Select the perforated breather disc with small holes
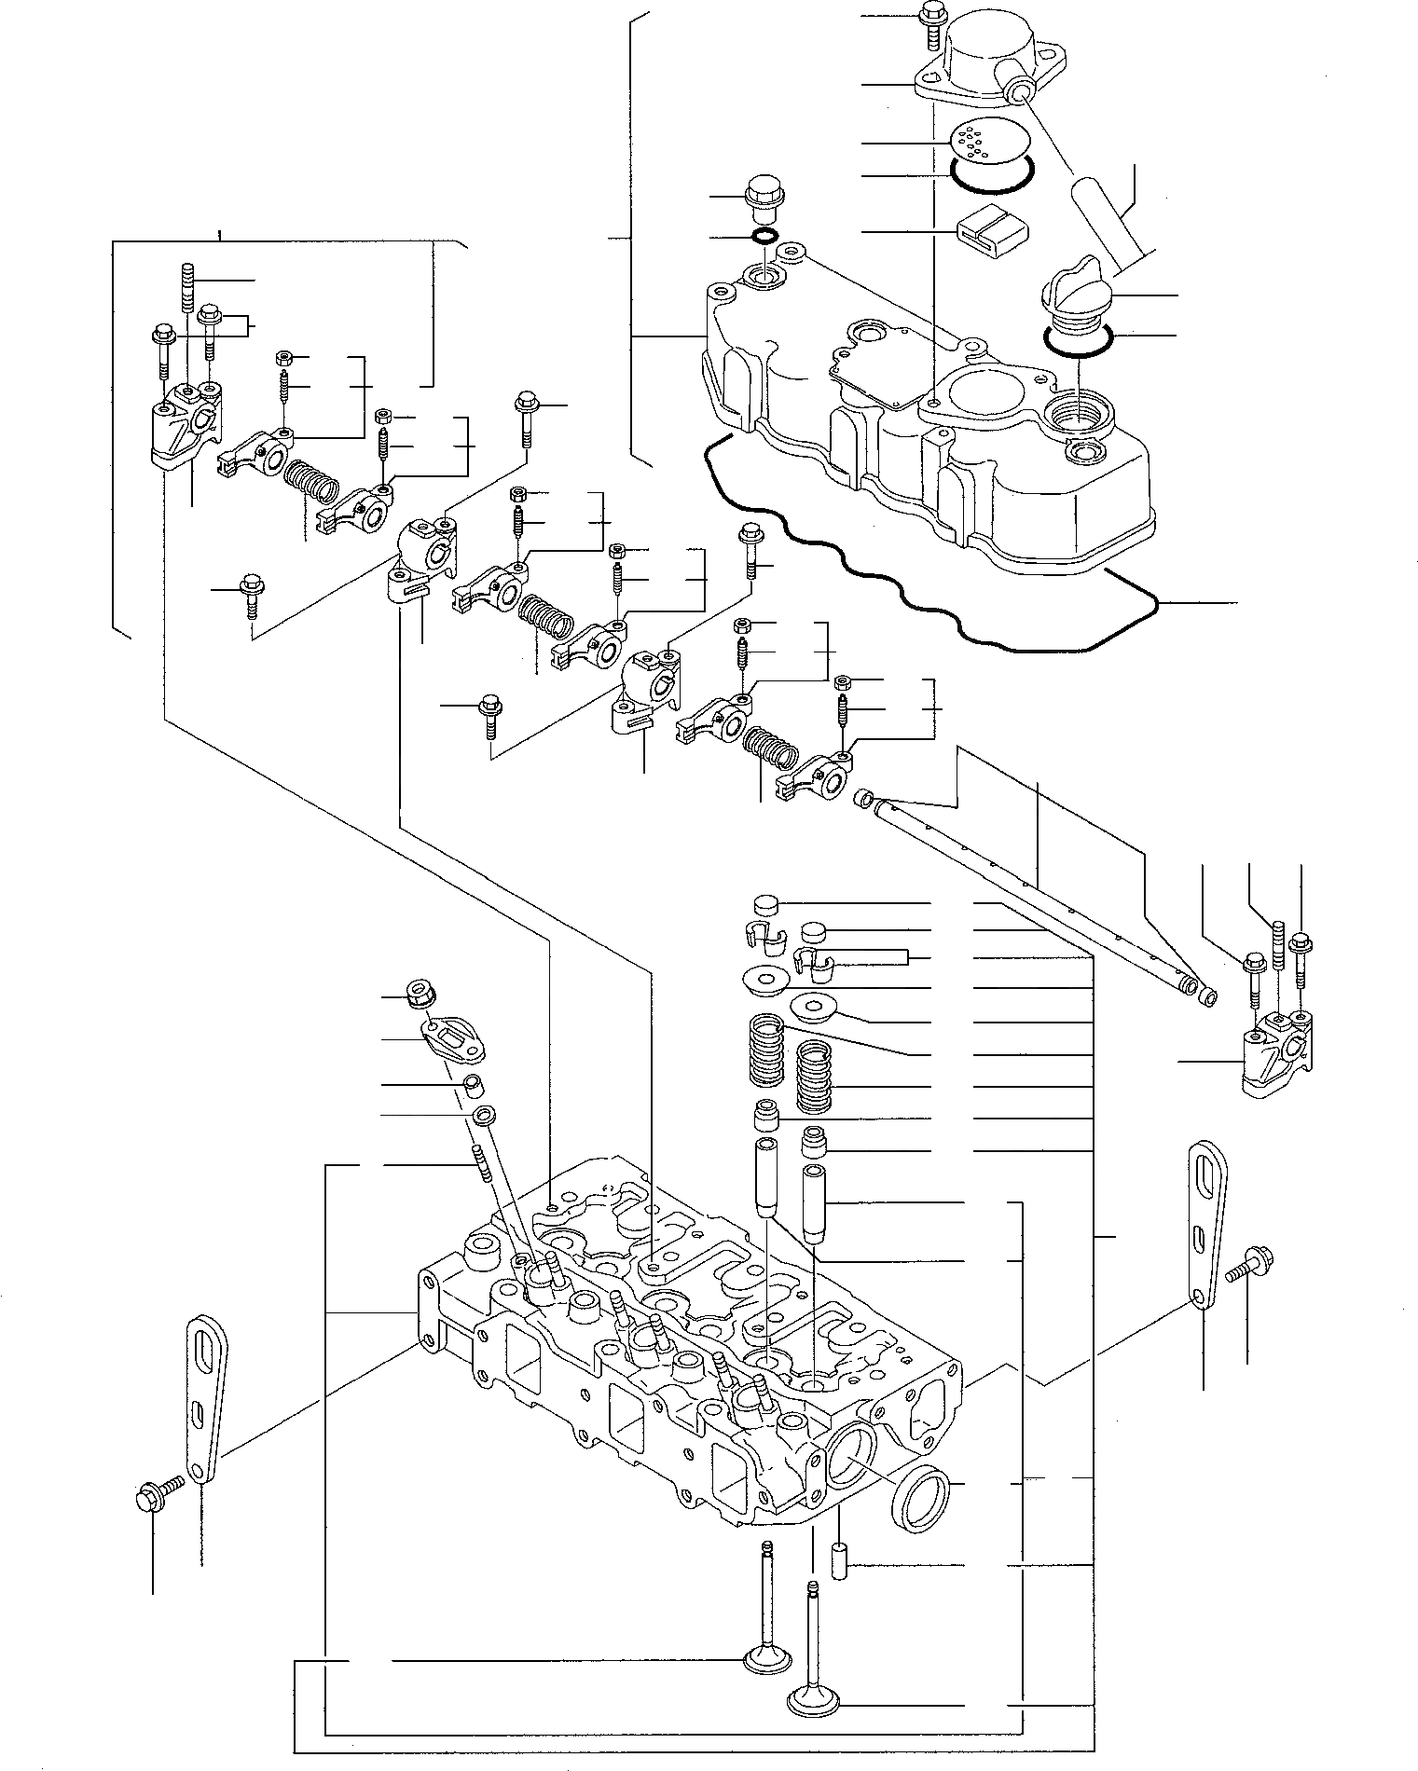coord(978,142)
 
